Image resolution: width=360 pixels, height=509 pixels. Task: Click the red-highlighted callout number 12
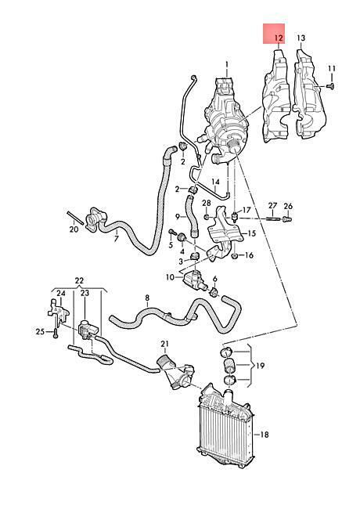pyautogui.click(x=279, y=38)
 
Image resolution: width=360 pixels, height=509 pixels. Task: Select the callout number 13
pyautogui.click(x=301, y=38)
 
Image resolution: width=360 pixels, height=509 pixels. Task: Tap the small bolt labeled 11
pyautogui.click(x=331, y=86)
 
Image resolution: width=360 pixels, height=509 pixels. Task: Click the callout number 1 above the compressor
pyautogui.click(x=227, y=64)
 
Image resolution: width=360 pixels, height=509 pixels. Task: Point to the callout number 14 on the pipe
pyautogui.click(x=215, y=182)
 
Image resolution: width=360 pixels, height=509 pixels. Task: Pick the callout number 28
pyautogui.click(x=207, y=204)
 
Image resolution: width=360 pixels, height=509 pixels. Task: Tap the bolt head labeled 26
pyautogui.click(x=287, y=220)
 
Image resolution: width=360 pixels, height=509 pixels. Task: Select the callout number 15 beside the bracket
pyautogui.click(x=252, y=233)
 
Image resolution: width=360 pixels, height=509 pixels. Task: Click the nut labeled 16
pyautogui.click(x=235, y=256)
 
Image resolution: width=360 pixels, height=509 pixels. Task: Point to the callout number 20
pyautogui.click(x=74, y=229)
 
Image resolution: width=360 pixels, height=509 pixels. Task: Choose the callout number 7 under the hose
pyautogui.click(x=116, y=240)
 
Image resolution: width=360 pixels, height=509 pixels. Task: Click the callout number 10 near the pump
pyautogui.click(x=171, y=277)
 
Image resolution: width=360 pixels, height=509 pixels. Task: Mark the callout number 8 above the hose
pyautogui.click(x=147, y=298)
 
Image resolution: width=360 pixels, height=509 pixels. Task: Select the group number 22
pyautogui.click(x=79, y=280)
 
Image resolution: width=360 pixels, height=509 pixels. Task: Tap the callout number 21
pyautogui.click(x=165, y=344)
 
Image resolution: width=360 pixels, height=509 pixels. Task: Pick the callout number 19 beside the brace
pyautogui.click(x=260, y=366)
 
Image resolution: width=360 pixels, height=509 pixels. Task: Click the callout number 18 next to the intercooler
pyautogui.click(x=265, y=435)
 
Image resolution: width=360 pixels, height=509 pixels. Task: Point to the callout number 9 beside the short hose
pyautogui.click(x=178, y=216)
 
